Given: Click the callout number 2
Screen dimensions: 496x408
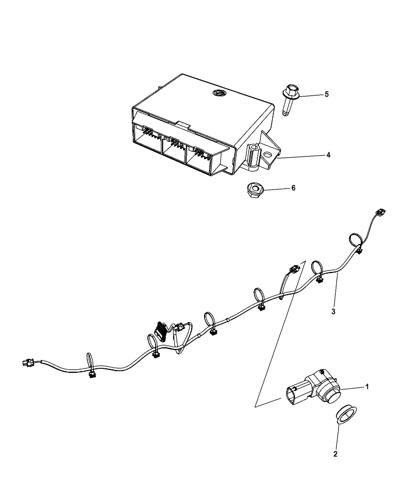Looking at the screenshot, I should [x=336, y=454].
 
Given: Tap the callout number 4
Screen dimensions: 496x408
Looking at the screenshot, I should [x=328, y=155].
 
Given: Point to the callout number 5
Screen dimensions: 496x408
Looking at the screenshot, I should [x=326, y=94].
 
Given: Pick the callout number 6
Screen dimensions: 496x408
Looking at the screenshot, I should [x=293, y=188].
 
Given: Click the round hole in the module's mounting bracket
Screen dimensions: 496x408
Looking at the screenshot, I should [x=267, y=155].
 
